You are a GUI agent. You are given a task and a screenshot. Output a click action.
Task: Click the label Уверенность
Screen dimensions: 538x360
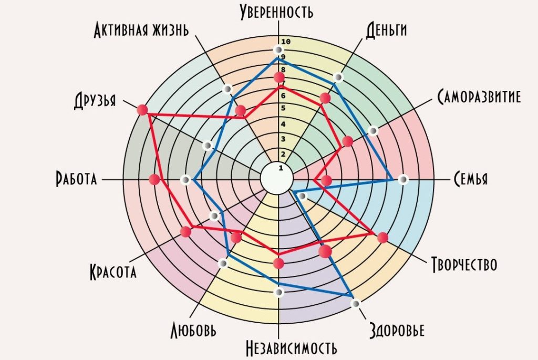point(276,11)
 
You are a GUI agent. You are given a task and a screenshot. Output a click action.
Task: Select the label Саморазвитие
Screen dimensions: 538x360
point(479,97)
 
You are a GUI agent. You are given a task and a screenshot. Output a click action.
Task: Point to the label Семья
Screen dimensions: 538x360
point(470,179)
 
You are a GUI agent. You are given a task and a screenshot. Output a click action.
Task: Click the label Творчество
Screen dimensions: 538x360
point(464,264)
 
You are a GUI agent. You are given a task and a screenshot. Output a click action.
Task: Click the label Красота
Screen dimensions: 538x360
point(113,272)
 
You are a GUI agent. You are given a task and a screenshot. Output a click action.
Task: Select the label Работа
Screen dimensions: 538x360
point(76,179)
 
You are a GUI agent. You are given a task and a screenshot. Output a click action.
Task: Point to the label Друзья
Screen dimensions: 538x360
point(95,100)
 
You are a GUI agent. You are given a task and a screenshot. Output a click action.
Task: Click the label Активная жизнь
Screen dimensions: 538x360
point(141,30)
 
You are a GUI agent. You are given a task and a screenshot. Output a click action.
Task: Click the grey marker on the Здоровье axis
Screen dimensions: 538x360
point(356,303)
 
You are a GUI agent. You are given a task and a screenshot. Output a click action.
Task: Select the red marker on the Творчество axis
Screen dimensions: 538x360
point(382,238)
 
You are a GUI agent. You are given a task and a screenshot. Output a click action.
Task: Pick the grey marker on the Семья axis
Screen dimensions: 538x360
point(403,180)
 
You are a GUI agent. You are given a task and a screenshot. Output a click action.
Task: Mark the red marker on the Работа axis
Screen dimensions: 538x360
point(154,179)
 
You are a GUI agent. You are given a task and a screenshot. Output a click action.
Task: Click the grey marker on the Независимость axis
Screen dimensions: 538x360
point(279,292)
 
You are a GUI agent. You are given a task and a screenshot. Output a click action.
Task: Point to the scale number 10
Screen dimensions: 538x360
point(286,42)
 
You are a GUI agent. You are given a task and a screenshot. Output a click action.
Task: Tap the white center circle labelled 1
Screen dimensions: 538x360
point(277,178)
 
